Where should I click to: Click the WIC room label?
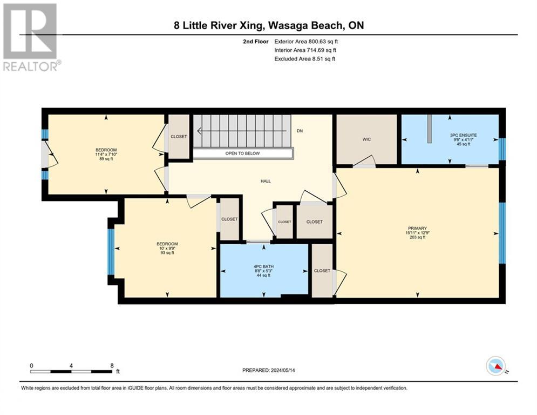(x=366, y=139)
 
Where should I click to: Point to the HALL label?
(x=266, y=181)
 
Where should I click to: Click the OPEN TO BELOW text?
(x=242, y=153)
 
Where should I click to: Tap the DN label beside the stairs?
(x=300, y=131)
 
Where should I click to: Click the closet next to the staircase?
(x=179, y=137)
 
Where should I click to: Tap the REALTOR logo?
(x=31, y=37)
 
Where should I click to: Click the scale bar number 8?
(x=112, y=366)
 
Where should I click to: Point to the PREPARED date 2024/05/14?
(x=283, y=370)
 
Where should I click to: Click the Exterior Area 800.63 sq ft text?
(x=306, y=42)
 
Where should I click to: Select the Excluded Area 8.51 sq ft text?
(x=305, y=59)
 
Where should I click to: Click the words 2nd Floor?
(x=256, y=42)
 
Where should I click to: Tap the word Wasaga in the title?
(x=288, y=25)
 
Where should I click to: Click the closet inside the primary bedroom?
(x=322, y=271)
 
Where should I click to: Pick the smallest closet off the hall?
(x=284, y=222)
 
